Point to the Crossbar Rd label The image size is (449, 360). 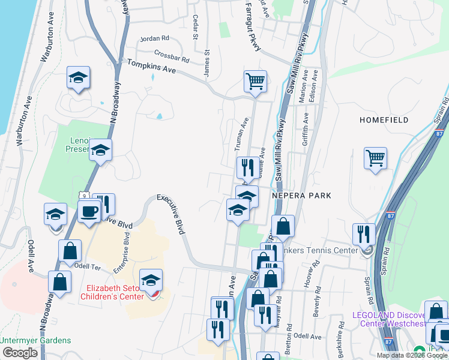(172, 56)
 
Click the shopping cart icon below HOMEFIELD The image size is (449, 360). (375, 158)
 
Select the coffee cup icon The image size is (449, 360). (89, 212)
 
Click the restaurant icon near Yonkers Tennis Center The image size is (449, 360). (364, 234)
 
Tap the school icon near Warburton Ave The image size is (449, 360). (78, 78)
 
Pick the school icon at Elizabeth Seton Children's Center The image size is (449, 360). (151, 280)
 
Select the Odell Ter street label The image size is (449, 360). (91, 266)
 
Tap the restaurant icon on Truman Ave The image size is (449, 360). (248, 167)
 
